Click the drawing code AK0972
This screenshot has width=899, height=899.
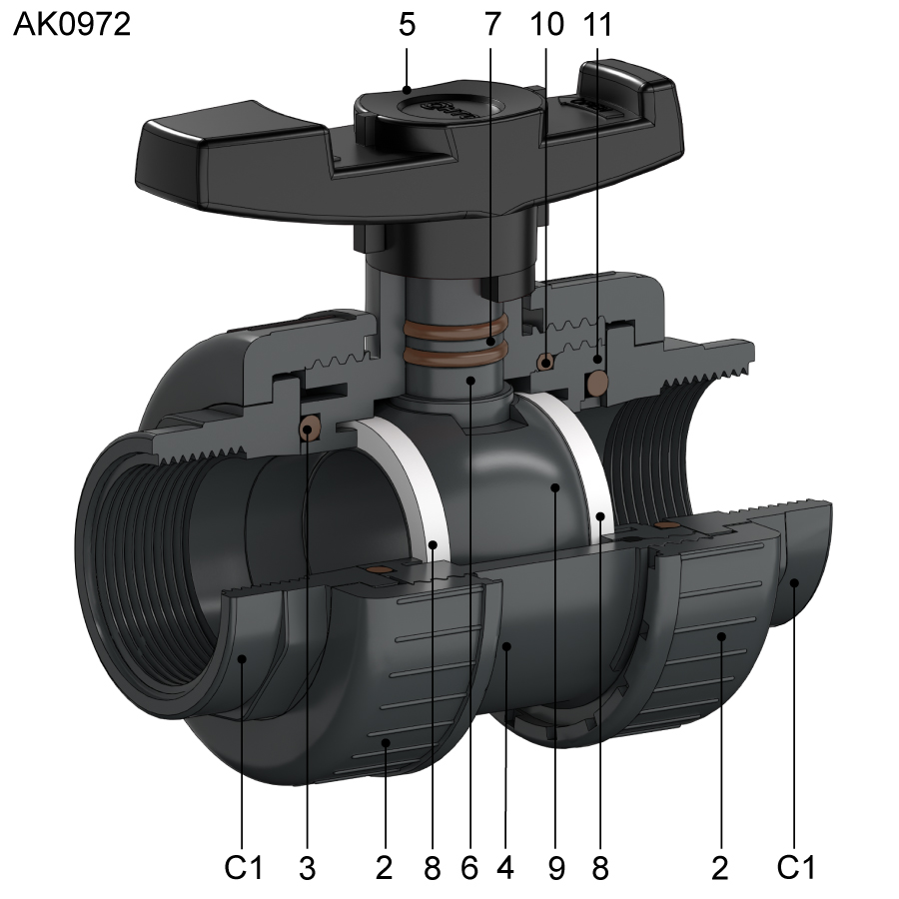[x=72, y=25]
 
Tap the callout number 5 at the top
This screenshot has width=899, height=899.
[x=407, y=25]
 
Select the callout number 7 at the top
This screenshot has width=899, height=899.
[x=492, y=25]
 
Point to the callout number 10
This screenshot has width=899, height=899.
[x=547, y=25]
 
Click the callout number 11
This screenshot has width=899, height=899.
[x=598, y=25]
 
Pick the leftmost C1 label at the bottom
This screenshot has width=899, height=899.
[x=243, y=867]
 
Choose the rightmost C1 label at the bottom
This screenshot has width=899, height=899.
[x=795, y=867]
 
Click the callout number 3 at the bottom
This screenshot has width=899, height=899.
[x=308, y=868]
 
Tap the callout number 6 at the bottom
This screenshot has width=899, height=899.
[x=469, y=868]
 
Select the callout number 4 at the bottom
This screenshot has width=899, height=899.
[x=505, y=868]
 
